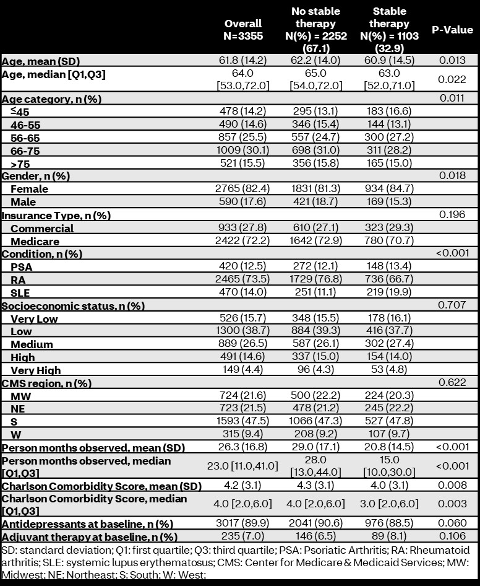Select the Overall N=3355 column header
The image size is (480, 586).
(243, 30)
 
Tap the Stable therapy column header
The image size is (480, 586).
(390, 30)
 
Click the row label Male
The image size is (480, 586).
(24, 202)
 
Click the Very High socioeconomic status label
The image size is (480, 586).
(36, 370)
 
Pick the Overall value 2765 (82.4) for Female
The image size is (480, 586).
(243, 189)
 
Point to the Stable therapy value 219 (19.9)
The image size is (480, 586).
(390, 293)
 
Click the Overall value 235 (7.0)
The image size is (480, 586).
(243, 536)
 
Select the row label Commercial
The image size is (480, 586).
(42, 228)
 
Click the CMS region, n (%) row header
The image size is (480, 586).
(46, 383)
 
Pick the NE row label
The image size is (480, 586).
(19, 409)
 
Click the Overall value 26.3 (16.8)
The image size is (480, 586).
(243, 447)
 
